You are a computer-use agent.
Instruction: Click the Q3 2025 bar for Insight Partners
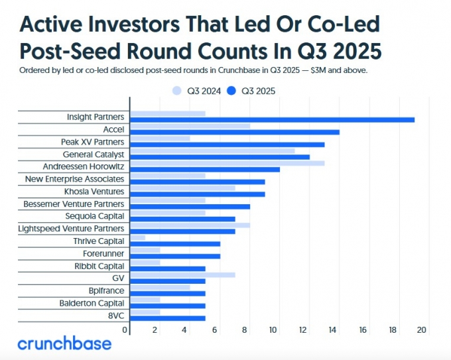pos(272,119)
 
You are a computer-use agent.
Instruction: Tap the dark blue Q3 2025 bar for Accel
pos(235,132)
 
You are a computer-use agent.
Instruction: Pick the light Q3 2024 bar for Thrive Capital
pos(137,237)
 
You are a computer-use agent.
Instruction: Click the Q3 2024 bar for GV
pos(182,274)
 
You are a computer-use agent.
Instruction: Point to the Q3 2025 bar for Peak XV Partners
pos(227,145)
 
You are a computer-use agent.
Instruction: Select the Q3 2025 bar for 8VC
pos(168,318)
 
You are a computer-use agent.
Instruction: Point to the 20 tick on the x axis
pos(422,330)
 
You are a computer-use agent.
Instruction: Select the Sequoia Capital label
pos(95,216)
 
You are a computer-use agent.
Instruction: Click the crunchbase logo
pos(64,344)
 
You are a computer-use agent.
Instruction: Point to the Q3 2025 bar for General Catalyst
pos(220,156)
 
